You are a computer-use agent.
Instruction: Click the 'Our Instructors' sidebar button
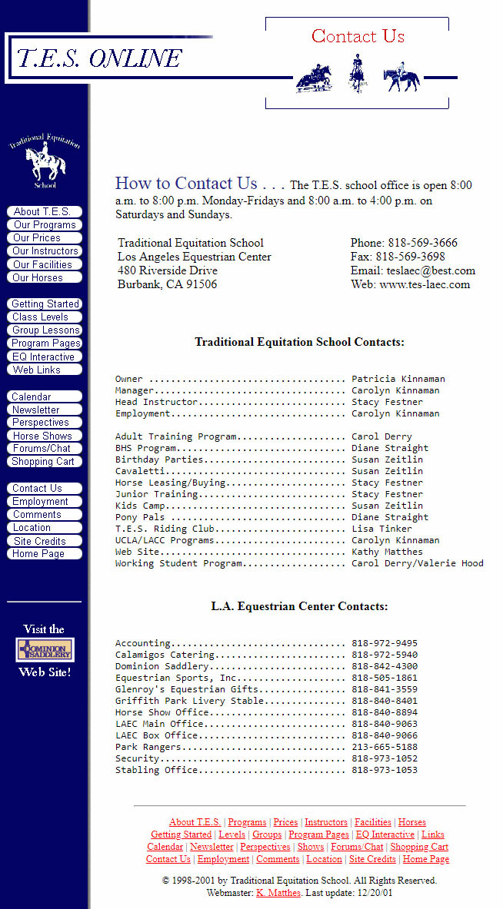pyautogui.click(x=45, y=251)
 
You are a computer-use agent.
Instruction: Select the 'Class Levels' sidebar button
pyautogui.click(x=45, y=317)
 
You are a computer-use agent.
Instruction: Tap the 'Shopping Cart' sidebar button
pyautogui.click(x=45, y=462)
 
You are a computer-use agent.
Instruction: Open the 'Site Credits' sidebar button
pyautogui.click(x=45, y=541)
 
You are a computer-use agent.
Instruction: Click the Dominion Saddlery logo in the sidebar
pyautogui.click(x=45, y=651)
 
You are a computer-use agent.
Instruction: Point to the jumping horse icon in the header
pyautogui.click(x=314, y=78)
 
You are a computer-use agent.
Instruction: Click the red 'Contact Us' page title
pyautogui.click(x=358, y=36)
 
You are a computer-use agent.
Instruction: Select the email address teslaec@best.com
pyautogui.click(x=431, y=270)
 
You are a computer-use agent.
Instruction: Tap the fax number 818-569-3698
pyautogui.click(x=410, y=257)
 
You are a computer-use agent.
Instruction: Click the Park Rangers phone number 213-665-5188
pyautogui.click(x=385, y=747)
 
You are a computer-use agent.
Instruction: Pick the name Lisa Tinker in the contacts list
pyautogui.click(x=381, y=529)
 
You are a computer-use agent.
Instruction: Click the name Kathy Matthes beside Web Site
pyautogui.click(x=387, y=552)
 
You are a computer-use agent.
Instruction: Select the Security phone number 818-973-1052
pyautogui.click(x=385, y=758)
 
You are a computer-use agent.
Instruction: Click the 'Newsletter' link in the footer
pyautogui.click(x=212, y=847)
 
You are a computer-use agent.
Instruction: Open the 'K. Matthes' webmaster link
pyautogui.click(x=278, y=893)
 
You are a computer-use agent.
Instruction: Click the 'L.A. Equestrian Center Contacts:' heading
pyautogui.click(x=299, y=606)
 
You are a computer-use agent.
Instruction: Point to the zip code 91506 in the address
pyautogui.click(x=201, y=284)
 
